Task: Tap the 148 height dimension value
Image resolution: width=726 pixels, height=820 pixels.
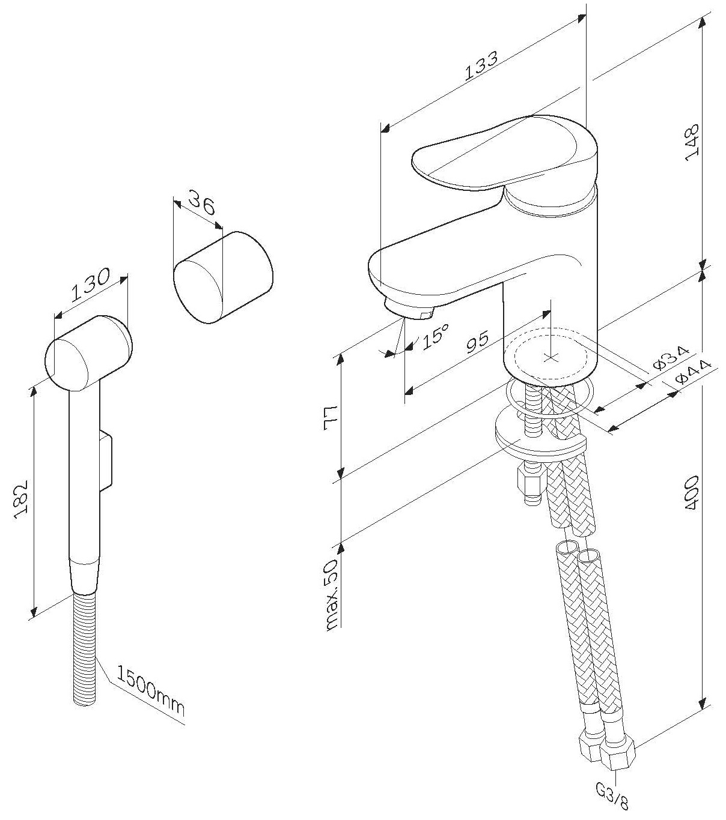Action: tap(692, 142)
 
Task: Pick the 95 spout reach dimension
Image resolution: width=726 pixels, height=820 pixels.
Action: tap(478, 342)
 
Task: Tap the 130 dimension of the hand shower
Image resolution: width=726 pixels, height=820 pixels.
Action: tap(90, 285)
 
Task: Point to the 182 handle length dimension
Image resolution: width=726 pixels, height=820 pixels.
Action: tap(20, 499)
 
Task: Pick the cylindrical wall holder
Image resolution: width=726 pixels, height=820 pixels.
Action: tap(224, 278)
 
